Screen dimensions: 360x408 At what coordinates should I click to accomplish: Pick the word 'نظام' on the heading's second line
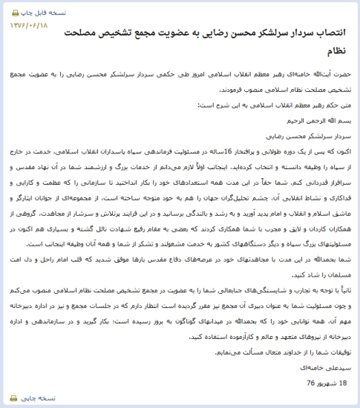pyautogui.click(x=337, y=51)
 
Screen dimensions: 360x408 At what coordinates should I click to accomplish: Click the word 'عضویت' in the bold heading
pyautogui.click(x=165, y=35)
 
